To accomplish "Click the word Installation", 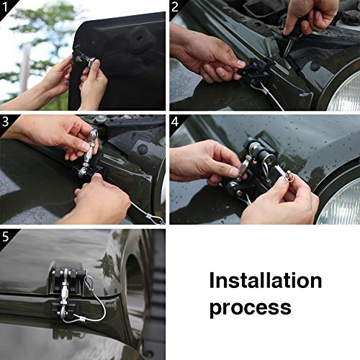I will pyautogui.click(x=266, y=280).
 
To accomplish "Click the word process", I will pyautogui.click(x=250, y=307).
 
